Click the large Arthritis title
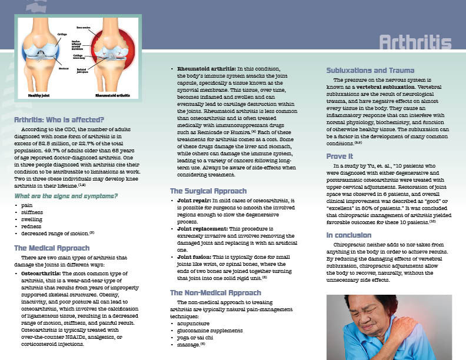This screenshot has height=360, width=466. tap(415, 43)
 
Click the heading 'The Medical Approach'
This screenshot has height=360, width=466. tap(52, 248)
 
